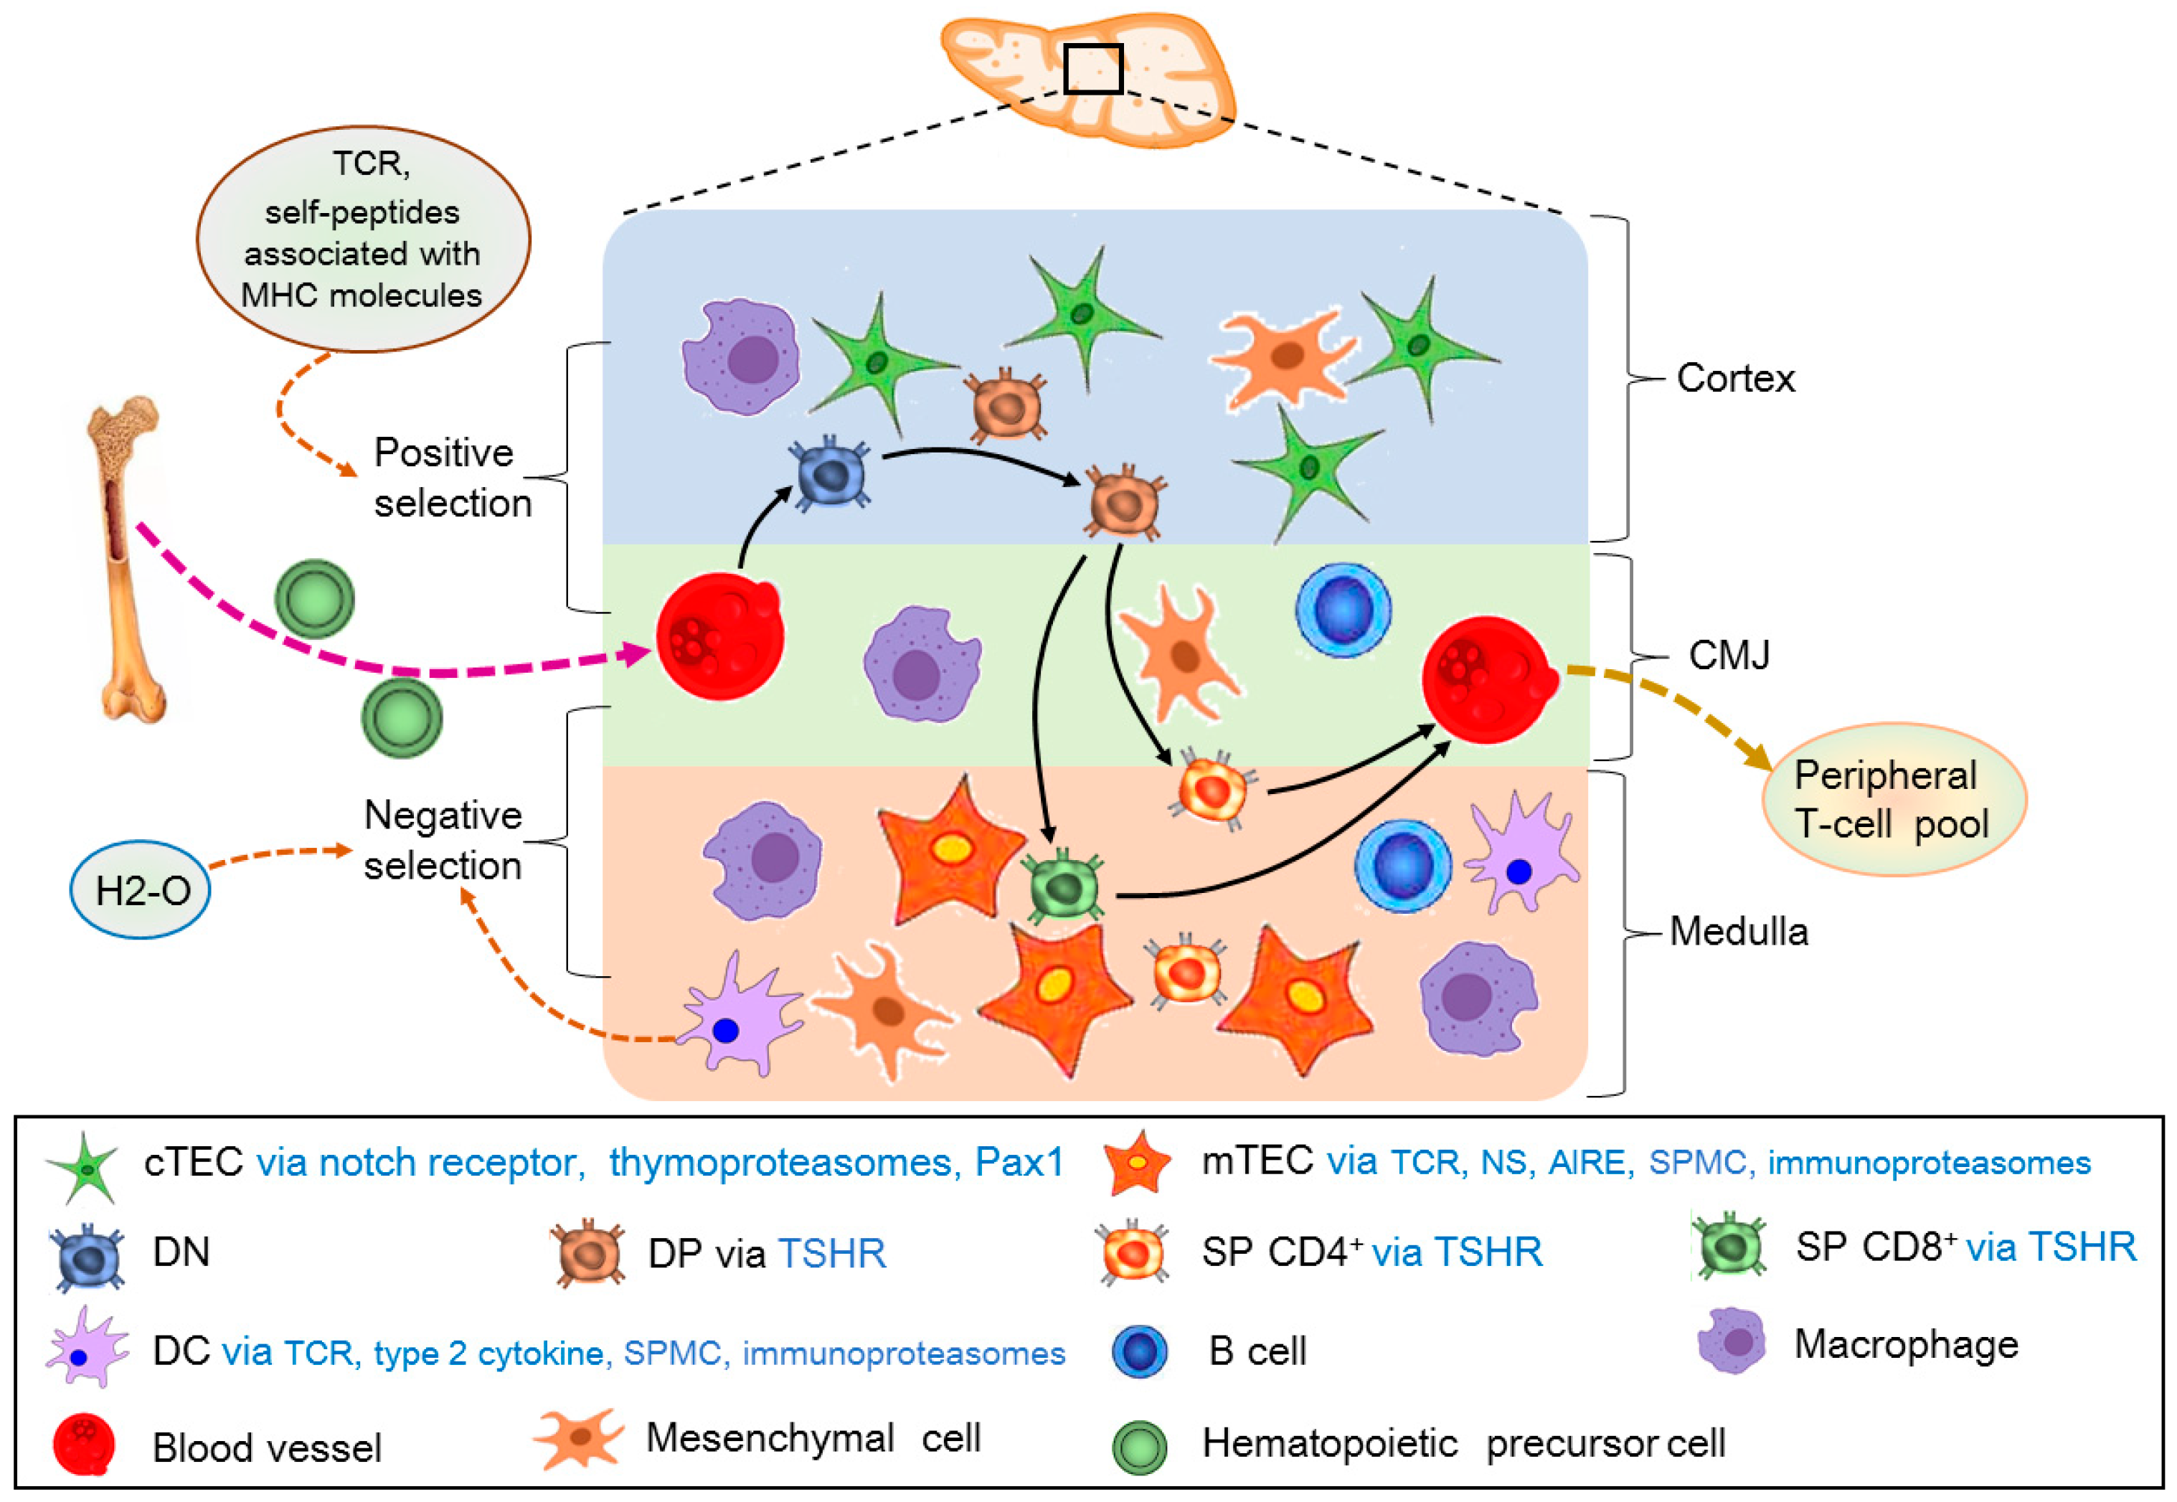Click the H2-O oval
[141, 889]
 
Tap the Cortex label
[1734, 378]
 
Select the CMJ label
[1728, 655]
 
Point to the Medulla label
[1737, 932]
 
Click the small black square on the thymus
[1092, 69]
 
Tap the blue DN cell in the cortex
[830, 473]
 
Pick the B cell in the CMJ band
[1342, 610]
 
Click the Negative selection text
[443, 839]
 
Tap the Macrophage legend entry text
[1905, 1344]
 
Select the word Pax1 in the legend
[1019, 1163]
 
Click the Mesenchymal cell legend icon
[578, 1439]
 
